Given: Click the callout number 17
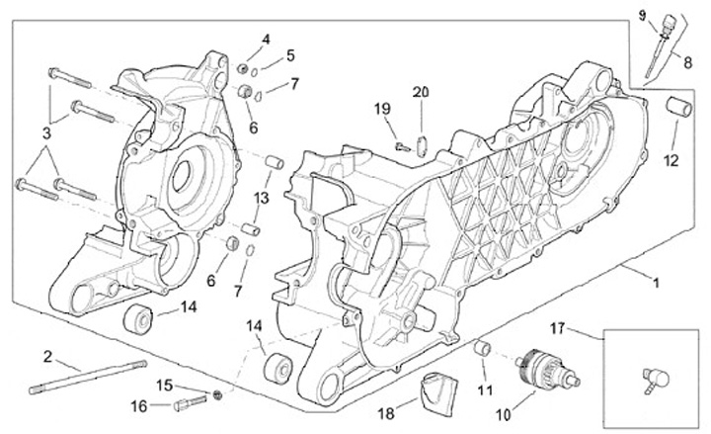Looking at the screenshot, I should pos(585,327).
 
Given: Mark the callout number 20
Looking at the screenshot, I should pos(422,92).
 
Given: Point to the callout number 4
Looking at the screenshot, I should pos(266,40).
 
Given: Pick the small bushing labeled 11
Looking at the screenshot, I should pos(484,349).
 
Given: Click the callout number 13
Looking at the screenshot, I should pos(261,199).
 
